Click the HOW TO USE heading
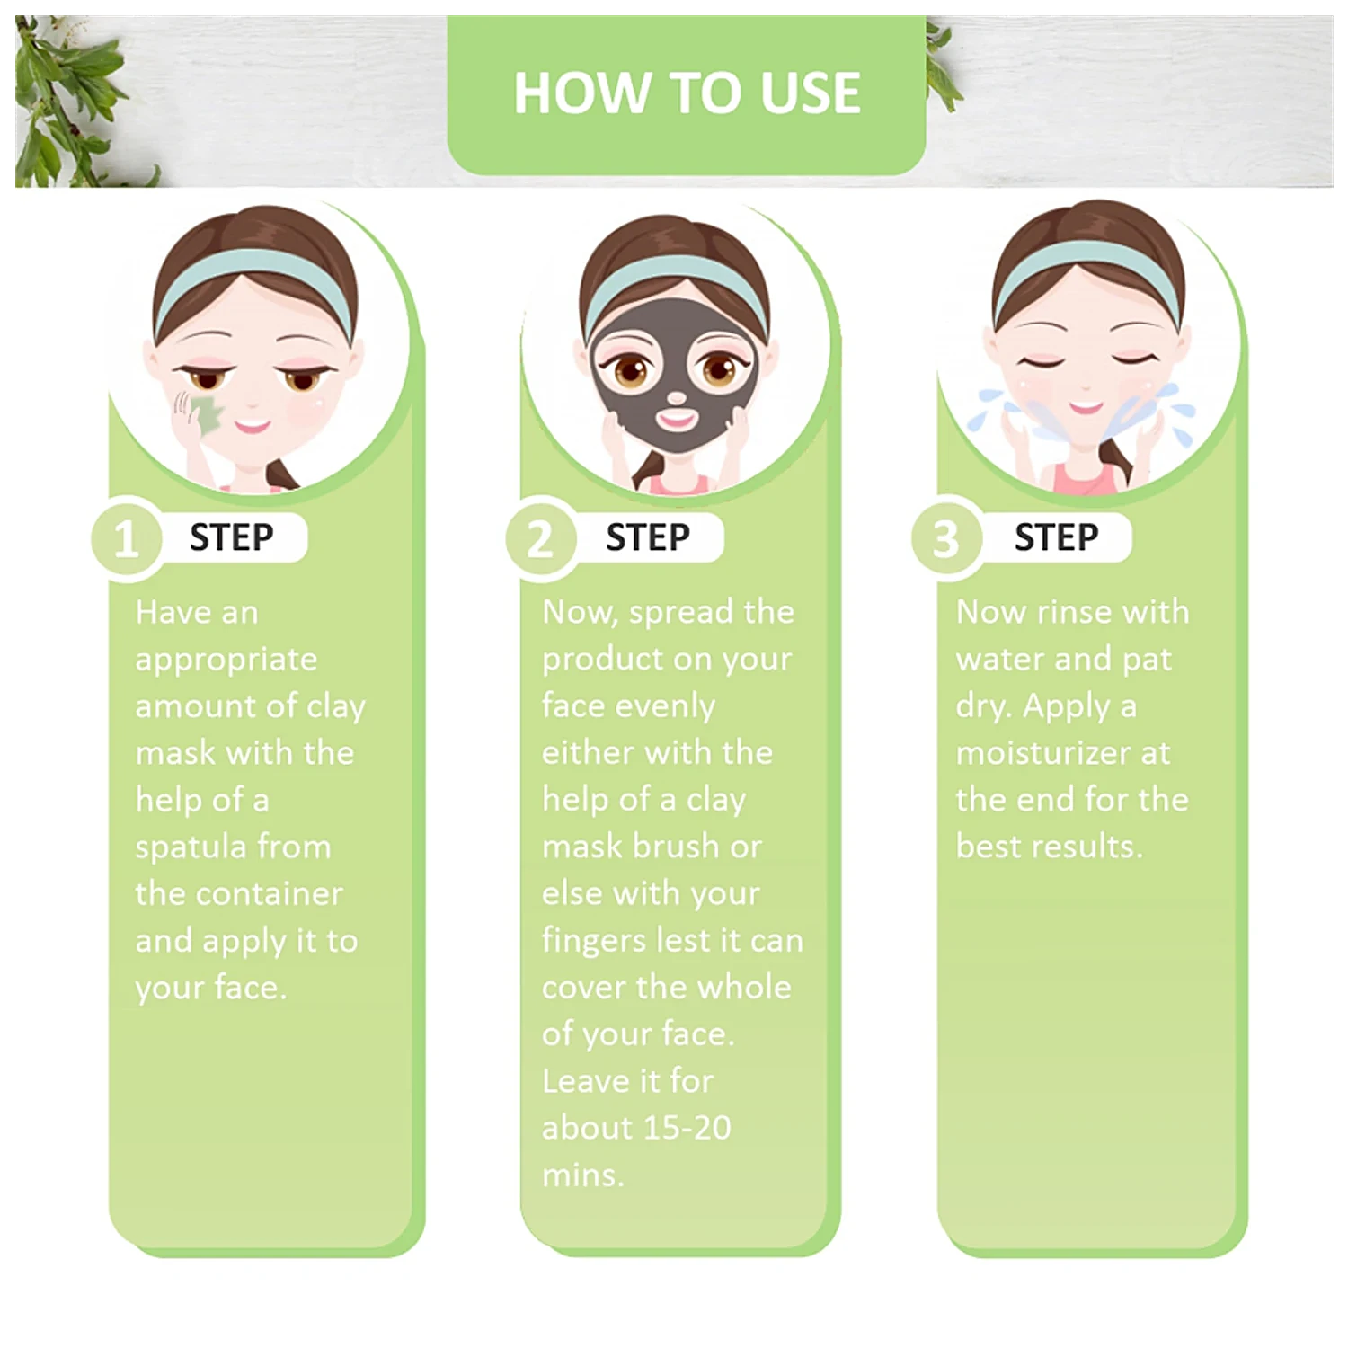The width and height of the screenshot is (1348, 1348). pyautogui.click(x=687, y=93)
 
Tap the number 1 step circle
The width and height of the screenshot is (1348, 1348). pyautogui.click(x=127, y=538)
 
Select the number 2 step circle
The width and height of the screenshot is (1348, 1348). pyautogui.click(x=541, y=538)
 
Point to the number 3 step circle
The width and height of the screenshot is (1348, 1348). pyautogui.click(x=946, y=538)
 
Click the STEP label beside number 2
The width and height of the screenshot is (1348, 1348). pyautogui.click(x=648, y=537)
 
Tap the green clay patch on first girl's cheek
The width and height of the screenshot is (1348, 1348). pyautogui.click(x=209, y=414)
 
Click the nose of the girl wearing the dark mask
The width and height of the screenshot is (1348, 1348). pyautogui.click(x=676, y=398)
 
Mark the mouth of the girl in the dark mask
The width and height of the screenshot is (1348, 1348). pyautogui.click(x=677, y=418)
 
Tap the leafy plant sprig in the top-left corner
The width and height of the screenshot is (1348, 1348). pyautogui.click(x=72, y=99)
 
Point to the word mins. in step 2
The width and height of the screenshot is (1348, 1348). pyautogui.click(x=582, y=1175)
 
